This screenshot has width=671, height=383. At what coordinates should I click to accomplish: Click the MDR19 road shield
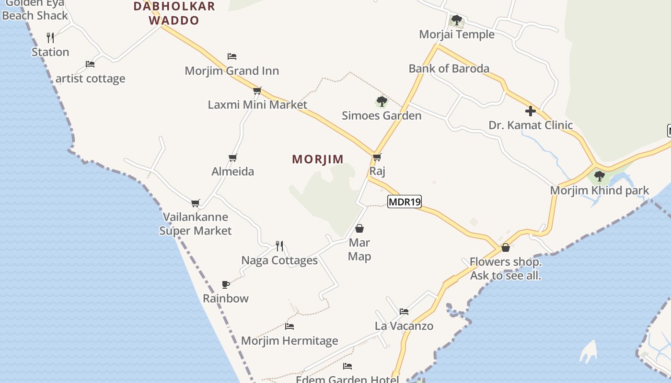pos(405,202)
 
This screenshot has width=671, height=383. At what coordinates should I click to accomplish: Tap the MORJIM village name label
pos(318,159)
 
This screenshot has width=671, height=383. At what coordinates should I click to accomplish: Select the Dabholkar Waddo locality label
pos(174,13)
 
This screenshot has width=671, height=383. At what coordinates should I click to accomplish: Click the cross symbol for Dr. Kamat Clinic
pos(530,111)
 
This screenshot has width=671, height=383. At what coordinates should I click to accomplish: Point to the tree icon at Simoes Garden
pos(382,101)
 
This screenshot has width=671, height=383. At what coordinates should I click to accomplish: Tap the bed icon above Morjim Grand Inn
pos(232,56)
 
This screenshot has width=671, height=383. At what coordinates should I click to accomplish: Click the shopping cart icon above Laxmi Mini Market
pos(257,90)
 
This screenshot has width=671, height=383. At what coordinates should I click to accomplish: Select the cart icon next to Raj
pos(377,157)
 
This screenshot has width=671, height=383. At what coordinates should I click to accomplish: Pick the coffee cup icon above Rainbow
pos(226,284)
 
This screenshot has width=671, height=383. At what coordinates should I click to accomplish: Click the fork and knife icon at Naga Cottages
pos(279,246)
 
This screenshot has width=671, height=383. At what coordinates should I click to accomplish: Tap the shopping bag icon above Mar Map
pos(359,228)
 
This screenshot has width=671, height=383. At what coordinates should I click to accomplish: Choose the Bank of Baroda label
pos(449,68)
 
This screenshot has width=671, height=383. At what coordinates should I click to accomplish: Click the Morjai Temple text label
pos(457,34)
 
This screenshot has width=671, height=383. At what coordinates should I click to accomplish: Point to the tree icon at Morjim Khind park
pos(599,176)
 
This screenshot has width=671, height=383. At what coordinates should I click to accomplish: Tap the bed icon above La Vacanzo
pos(404,312)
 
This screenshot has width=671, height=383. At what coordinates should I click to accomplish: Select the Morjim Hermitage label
pos(289,341)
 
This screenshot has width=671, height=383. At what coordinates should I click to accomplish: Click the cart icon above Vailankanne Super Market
pos(195,203)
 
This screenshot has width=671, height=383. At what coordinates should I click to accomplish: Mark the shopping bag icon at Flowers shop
pos(505,248)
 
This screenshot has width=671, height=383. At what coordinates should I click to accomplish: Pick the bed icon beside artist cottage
pos(90,64)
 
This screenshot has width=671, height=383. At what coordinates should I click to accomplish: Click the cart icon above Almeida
pos(233,158)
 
